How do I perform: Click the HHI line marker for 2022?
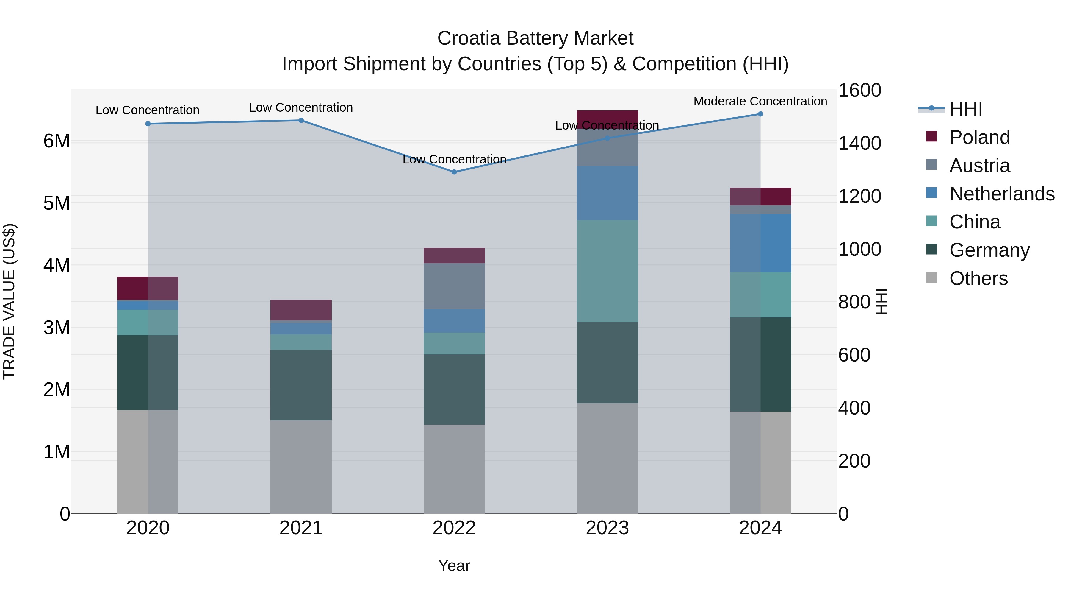454,172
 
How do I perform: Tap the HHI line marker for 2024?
760,114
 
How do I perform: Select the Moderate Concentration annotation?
760,101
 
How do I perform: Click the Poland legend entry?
979,137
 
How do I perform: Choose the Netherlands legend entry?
1001,194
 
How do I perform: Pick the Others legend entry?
978,278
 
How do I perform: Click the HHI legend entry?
965,109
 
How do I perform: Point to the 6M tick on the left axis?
57,141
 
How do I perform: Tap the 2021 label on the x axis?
301,528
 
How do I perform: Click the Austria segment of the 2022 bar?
454,286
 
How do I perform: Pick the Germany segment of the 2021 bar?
301,385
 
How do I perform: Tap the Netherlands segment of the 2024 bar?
760,243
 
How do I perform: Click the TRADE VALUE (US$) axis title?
9,301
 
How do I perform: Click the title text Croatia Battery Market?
535,38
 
